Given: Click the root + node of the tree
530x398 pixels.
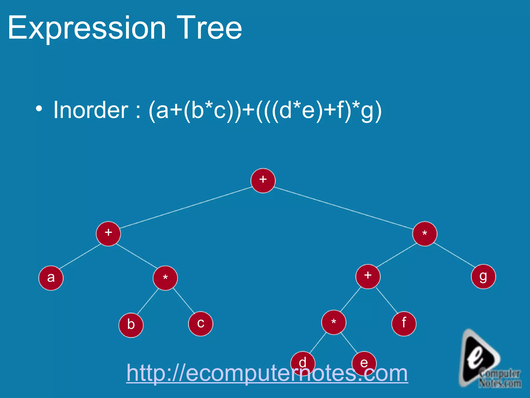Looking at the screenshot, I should tap(263, 181).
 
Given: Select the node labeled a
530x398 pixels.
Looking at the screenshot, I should tap(51, 278).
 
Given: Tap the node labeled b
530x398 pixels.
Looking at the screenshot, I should tap(131, 325).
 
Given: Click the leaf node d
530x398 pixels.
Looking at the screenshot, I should tap(303, 362).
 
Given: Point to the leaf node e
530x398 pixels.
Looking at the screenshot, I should tap(364, 362).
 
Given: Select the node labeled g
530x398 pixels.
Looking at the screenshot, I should tap(483, 277).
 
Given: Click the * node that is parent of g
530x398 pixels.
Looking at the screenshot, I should tap(425, 234).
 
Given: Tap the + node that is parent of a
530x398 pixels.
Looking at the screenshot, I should tap(108, 234).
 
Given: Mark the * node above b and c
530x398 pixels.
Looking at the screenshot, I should tap(165, 278).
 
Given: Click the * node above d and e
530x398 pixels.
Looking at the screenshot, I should tap(334, 322).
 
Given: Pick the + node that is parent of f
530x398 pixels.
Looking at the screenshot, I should tap(368, 276).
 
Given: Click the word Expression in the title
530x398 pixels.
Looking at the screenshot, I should tap(87, 28).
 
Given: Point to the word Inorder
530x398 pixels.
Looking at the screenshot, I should tap(91, 110).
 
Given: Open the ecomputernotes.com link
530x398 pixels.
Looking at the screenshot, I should tap(267, 373).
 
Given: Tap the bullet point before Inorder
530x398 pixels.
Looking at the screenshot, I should tap(39, 109).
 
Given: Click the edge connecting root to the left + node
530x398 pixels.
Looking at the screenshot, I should tap(186, 208).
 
